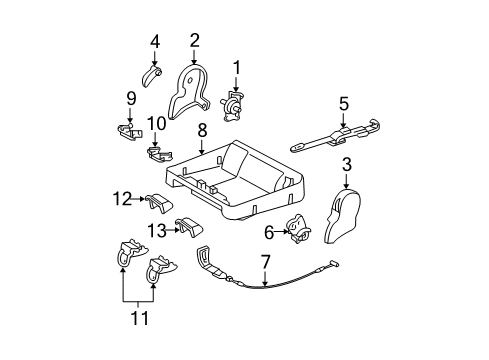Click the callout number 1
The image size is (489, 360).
pyautogui.click(x=237, y=67)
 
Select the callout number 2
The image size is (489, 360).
pyautogui.click(x=194, y=40)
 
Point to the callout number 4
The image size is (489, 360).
pyautogui.click(x=155, y=41)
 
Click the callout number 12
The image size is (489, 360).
pyautogui.click(x=131, y=98)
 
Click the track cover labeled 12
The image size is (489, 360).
pyautogui.click(x=160, y=205)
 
